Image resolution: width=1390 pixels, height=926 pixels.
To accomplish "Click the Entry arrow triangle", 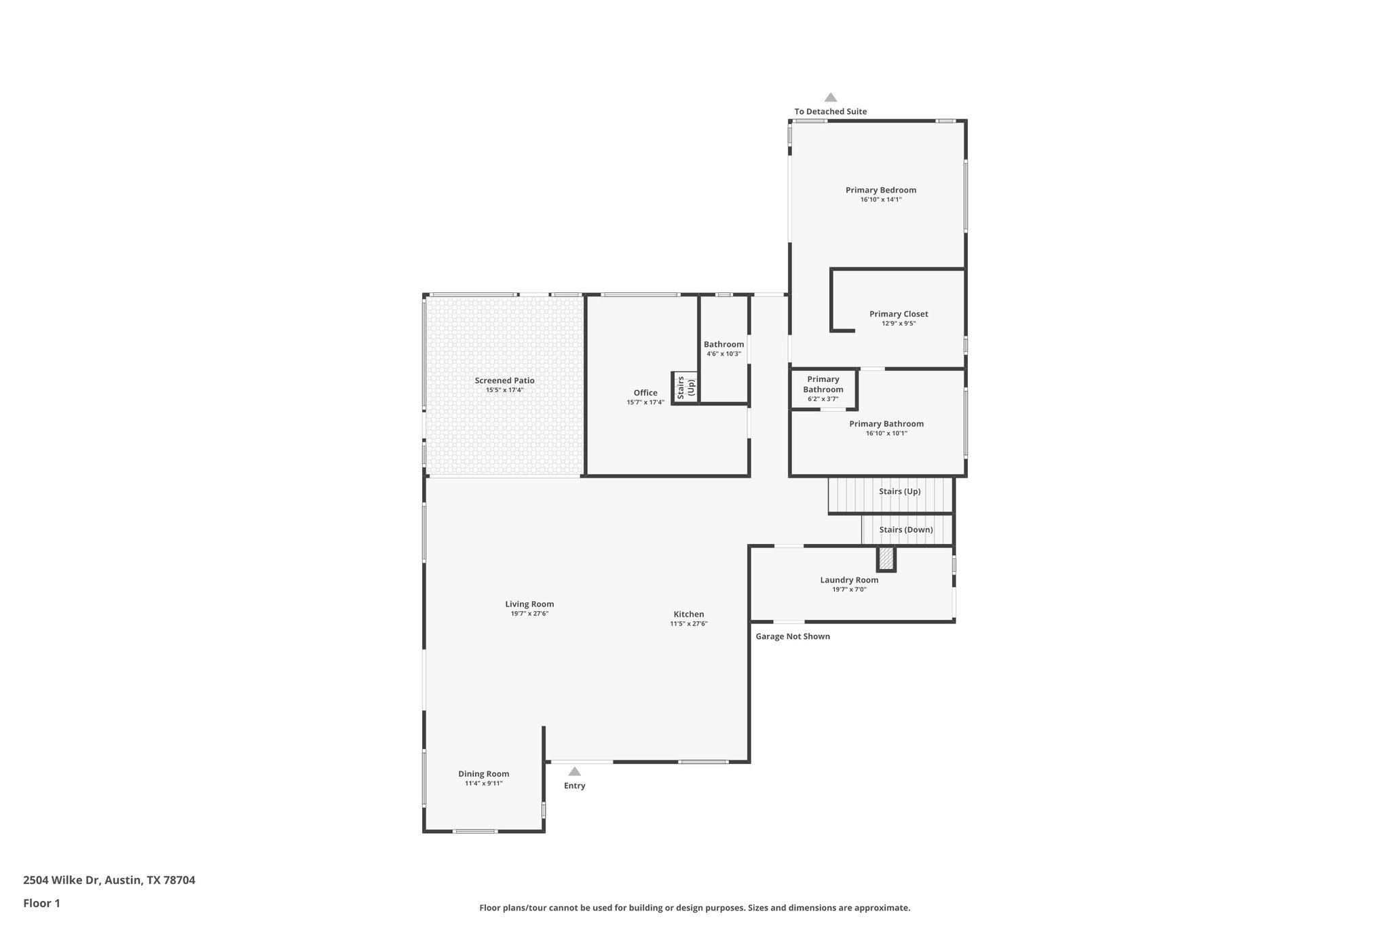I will [x=574, y=771].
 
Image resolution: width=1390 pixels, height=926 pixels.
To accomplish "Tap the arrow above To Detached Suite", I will [x=830, y=98].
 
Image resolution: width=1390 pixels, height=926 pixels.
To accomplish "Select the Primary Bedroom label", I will [x=880, y=190].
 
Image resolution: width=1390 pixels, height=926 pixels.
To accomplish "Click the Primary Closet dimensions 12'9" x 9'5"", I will [x=899, y=324].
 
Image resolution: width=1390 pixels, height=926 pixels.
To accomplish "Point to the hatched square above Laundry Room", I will [x=886, y=559].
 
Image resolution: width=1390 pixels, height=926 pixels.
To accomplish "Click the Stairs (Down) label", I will [x=905, y=530].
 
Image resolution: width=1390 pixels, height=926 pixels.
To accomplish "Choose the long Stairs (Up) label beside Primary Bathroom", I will [x=899, y=491].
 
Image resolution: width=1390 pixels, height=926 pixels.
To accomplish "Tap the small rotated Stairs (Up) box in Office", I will [x=685, y=387].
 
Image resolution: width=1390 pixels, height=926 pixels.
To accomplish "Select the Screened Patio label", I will [x=504, y=381].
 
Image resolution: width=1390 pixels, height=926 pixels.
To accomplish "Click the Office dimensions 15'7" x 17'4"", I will [x=645, y=402].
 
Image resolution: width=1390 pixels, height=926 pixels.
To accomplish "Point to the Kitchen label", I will [x=688, y=614].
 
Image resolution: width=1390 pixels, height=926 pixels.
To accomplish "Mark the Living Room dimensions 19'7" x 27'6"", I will [x=529, y=613].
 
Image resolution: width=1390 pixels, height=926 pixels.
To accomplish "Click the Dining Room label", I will [x=483, y=773].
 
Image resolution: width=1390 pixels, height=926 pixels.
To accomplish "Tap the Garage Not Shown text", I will [x=793, y=636].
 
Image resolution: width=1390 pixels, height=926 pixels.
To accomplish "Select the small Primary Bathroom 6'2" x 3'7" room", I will [x=823, y=389].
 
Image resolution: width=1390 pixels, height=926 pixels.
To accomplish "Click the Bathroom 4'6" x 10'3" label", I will [x=724, y=345].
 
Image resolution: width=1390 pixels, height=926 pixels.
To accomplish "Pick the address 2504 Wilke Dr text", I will [x=109, y=881].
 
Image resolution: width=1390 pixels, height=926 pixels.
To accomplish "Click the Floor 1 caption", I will [x=41, y=903].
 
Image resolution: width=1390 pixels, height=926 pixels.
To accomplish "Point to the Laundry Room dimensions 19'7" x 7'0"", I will [x=849, y=590].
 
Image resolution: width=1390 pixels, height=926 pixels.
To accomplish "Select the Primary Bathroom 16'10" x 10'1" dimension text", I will [x=886, y=433].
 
